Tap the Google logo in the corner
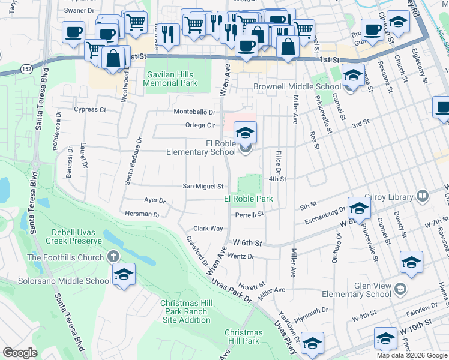click(x=20, y=353)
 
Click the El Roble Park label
click(x=249, y=199)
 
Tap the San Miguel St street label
click(x=203, y=186)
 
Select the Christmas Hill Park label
click(x=243, y=337)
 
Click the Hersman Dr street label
click(x=142, y=214)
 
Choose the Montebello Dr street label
click(x=194, y=112)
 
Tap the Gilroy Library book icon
click(x=423, y=196)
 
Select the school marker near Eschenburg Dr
click(x=358, y=208)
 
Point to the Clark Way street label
click(x=208, y=229)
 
